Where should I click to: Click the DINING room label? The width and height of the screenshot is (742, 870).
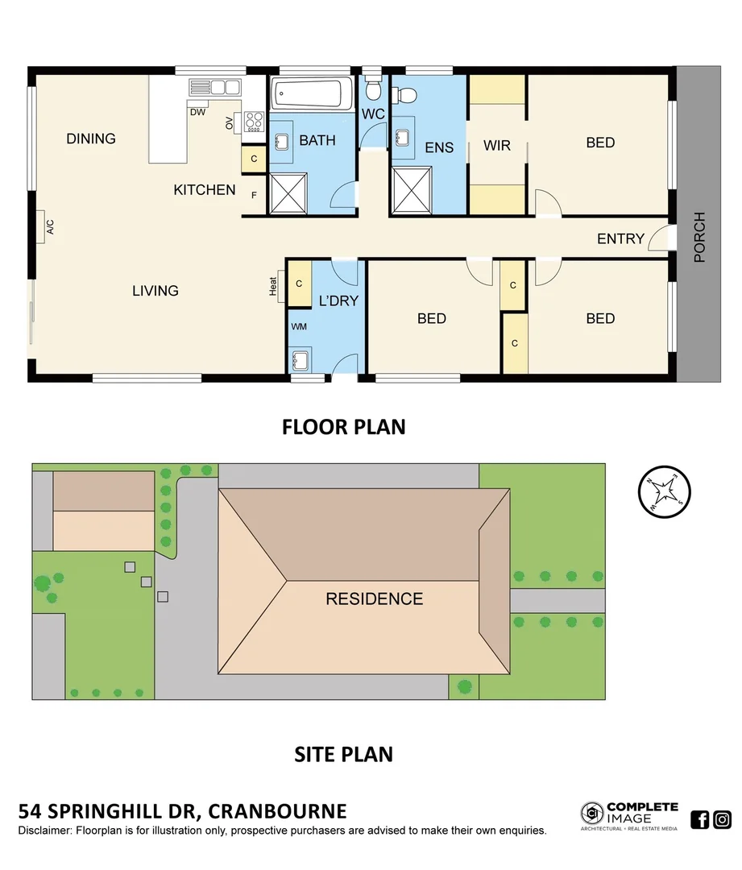(x=91, y=139)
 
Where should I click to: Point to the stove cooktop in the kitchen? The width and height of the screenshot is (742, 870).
(x=255, y=121)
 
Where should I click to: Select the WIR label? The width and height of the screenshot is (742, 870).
(x=497, y=146)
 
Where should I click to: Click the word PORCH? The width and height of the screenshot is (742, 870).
(x=699, y=238)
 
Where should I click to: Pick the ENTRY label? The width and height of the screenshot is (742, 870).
(x=620, y=238)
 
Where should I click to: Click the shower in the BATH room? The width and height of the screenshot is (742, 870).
(x=288, y=193)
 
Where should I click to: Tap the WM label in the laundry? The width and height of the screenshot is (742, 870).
(x=299, y=326)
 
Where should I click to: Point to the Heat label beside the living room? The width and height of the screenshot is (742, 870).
(x=274, y=285)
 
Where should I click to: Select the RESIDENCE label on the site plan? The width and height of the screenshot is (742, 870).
(x=374, y=599)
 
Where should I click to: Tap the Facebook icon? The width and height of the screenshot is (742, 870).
(x=700, y=819)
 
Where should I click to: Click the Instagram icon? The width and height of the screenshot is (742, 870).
(x=723, y=819)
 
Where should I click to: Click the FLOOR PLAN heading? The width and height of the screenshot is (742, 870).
(x=343, y=427)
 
